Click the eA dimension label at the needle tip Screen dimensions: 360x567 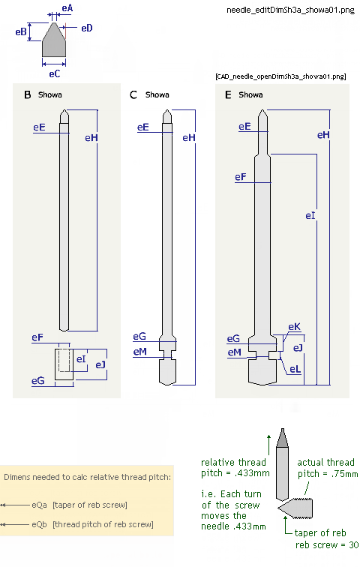pos(67,8)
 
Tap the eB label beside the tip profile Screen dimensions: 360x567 pos(20,31)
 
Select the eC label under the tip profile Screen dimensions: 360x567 pos(55,73)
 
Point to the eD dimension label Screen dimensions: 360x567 pos(87,28)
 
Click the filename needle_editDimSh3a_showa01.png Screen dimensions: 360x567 pos(290,10)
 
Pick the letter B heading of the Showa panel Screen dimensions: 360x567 pos(28,94)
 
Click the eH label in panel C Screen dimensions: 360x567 pos(189,137)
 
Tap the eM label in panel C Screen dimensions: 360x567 pos(140,352)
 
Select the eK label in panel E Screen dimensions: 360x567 pos(294,326)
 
